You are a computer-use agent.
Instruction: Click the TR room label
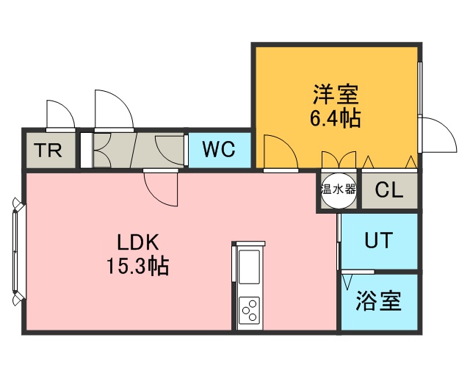coord(48,151)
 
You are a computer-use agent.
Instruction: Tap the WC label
coord(218,150)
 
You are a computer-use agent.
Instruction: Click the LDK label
coord(138,242)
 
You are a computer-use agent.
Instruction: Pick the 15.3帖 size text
coord(138,265)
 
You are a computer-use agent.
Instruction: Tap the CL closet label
coord(389,189)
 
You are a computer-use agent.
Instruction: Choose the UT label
coord(378,240)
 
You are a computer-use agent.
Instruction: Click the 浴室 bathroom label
coord(378,300)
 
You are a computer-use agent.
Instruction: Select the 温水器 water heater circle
coord(338,189)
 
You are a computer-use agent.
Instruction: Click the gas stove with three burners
coord(249,308)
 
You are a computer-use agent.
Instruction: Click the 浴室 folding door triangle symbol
coord(347,280)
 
